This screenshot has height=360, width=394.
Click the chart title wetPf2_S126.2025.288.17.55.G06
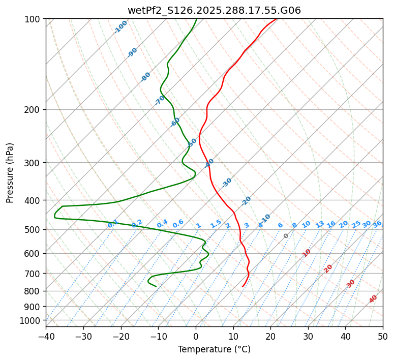coord(214,10)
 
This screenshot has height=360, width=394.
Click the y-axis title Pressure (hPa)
coord(10,173)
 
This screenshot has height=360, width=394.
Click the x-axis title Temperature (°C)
coord(214,350)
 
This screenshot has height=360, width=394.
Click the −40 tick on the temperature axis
coord(46,336)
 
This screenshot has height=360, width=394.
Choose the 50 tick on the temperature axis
coord(383,336)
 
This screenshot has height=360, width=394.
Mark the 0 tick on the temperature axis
coord(196,336)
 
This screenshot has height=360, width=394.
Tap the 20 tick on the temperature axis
coord(270,336)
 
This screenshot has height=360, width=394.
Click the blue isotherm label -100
coord(120,27)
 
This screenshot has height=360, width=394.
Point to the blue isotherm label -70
coord(160,100)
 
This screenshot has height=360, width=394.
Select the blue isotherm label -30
coord(227,183)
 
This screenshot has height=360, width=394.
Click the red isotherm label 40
coord(373,299)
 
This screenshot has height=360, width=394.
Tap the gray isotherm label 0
coord(286,236)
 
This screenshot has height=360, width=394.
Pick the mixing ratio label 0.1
coord(113,224)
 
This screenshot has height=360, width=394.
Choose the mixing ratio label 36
coord(377,224)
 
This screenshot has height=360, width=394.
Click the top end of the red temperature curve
coord(277,19)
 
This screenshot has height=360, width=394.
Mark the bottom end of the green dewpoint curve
coord(156,286)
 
